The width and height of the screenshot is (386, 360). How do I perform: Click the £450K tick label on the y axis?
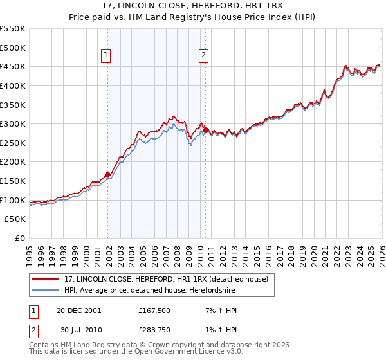coord(13,66)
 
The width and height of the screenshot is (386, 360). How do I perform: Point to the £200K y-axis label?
coord(13,162)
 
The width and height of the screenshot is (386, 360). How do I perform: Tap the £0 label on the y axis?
coord(20,239)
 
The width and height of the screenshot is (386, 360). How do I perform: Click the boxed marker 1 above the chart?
coord(106,56)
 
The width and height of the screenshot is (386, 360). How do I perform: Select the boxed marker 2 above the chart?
coord(203,56)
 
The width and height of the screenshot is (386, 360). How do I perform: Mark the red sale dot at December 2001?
coord(108,174)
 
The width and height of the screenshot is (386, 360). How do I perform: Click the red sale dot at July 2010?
coord(205,130)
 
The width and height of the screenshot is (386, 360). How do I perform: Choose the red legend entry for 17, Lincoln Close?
coord(170,279)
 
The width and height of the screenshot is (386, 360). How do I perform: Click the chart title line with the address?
coord(192,5)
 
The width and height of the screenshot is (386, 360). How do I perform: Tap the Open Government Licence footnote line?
coord(136,352)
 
